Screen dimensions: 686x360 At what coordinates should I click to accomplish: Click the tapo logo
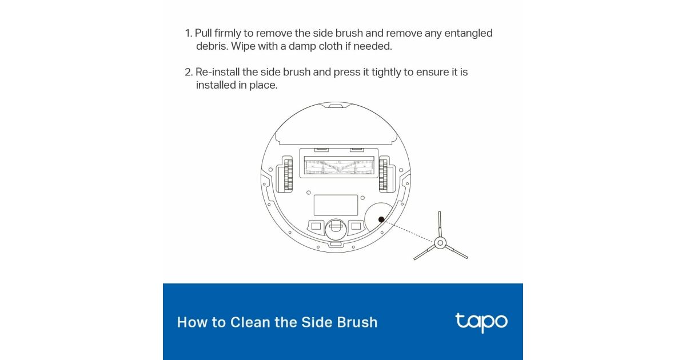coord(481,322)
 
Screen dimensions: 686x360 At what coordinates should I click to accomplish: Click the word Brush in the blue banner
coord(357,322)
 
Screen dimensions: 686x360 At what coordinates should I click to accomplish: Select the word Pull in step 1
coord(204,33)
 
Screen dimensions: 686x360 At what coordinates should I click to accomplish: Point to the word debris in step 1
coord(212,46)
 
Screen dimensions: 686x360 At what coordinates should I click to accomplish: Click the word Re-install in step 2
coord(217,72)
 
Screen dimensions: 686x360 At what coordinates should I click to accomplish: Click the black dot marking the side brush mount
coord(381,219)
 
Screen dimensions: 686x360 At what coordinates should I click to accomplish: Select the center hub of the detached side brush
coord(440,243)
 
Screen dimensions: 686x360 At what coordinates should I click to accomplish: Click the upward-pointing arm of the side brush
coord(440,224)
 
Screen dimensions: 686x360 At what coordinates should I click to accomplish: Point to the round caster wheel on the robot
coord(336,229)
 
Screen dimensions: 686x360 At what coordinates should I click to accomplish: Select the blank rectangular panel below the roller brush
coord(336,205)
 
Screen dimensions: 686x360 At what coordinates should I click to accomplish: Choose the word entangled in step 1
coord(468,33)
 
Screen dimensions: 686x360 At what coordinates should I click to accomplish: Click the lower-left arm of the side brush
coord(424,252)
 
